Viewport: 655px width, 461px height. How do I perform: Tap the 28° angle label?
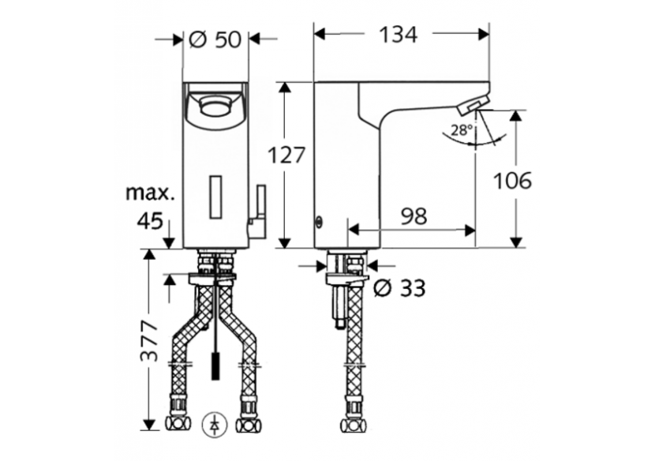tap(462, 130)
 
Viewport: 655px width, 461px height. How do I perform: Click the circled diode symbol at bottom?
tap(215, 425)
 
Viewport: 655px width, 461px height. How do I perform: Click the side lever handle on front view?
tap(259, 213)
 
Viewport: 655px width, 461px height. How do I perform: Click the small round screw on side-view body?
tap(319, 222)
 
